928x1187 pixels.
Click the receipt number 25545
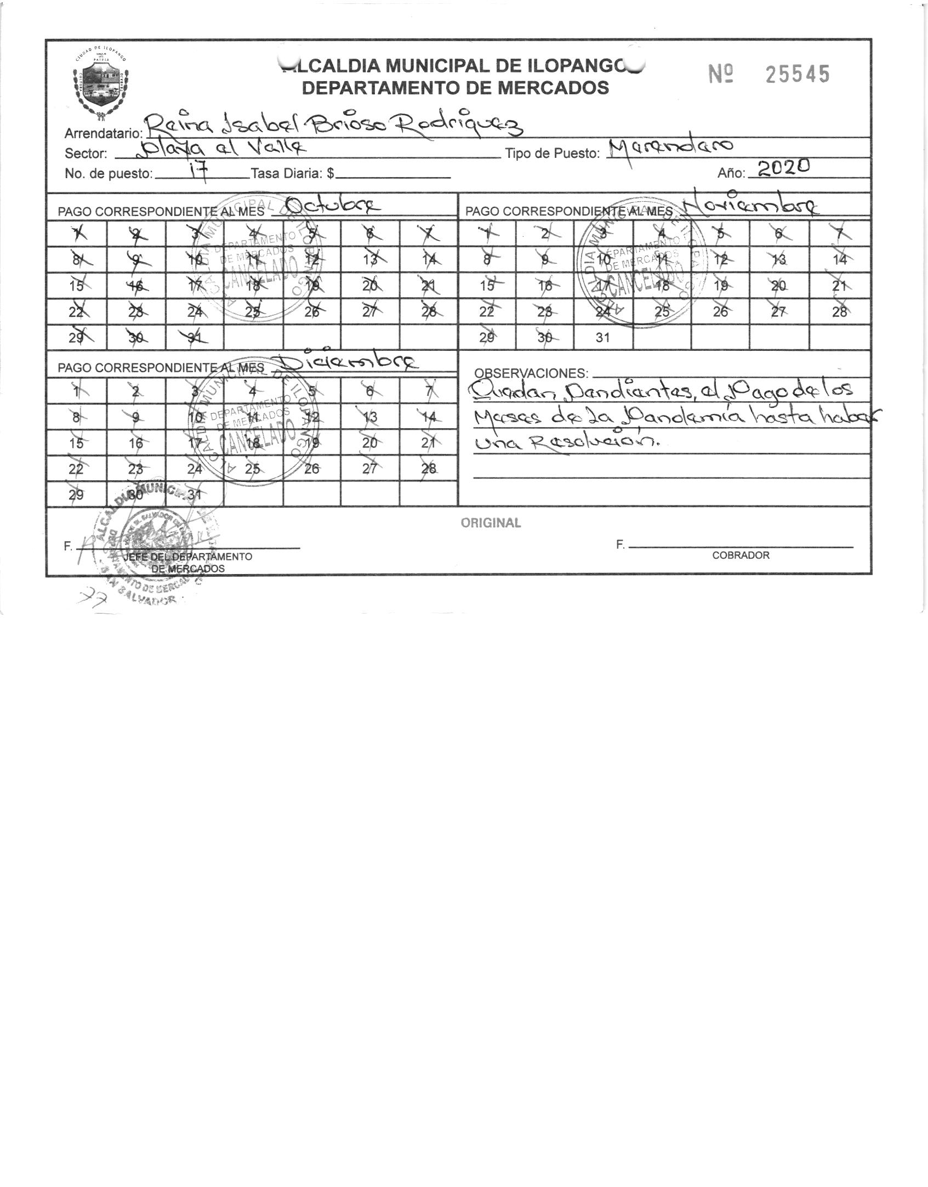797,74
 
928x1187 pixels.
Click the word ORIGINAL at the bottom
491,523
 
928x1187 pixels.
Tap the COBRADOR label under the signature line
741,555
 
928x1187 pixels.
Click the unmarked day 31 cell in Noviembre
603,338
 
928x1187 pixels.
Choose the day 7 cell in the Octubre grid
429,234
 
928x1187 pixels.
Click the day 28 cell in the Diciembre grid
429,469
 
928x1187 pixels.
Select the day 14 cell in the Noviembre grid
840,260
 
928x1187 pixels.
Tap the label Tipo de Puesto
553,154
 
